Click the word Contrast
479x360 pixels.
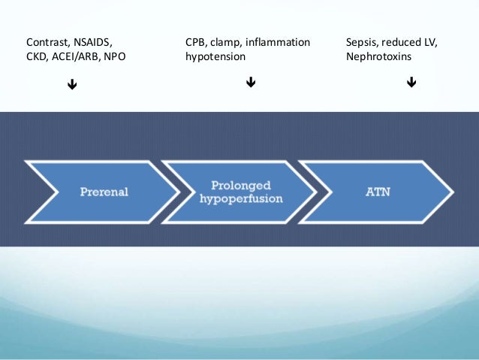tap(47, 43)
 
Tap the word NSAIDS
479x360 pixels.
tap(93, 43)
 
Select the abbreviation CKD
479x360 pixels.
tap(36, 56)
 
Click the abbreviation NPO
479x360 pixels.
tap(115, 56)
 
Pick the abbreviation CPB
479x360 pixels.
tap(195, 43)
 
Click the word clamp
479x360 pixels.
tap(225, 43)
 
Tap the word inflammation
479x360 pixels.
tap(278, 42)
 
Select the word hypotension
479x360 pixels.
tap(215, 57)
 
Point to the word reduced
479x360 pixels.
tap(401, 42)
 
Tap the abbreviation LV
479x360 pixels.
tap(431, 43)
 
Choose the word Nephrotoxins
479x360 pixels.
tap(379, 56)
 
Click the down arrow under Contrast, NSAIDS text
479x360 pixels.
tap(72, 84)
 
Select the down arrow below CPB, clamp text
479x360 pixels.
tap(251, 82)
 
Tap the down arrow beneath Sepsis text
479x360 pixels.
tap(411, 82)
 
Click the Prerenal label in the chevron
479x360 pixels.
tap(104, 192)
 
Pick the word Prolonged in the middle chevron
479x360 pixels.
tap(241, 186)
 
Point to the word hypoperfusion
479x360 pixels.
tap(241, 199)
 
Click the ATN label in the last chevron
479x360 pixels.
tap(378, 192)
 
